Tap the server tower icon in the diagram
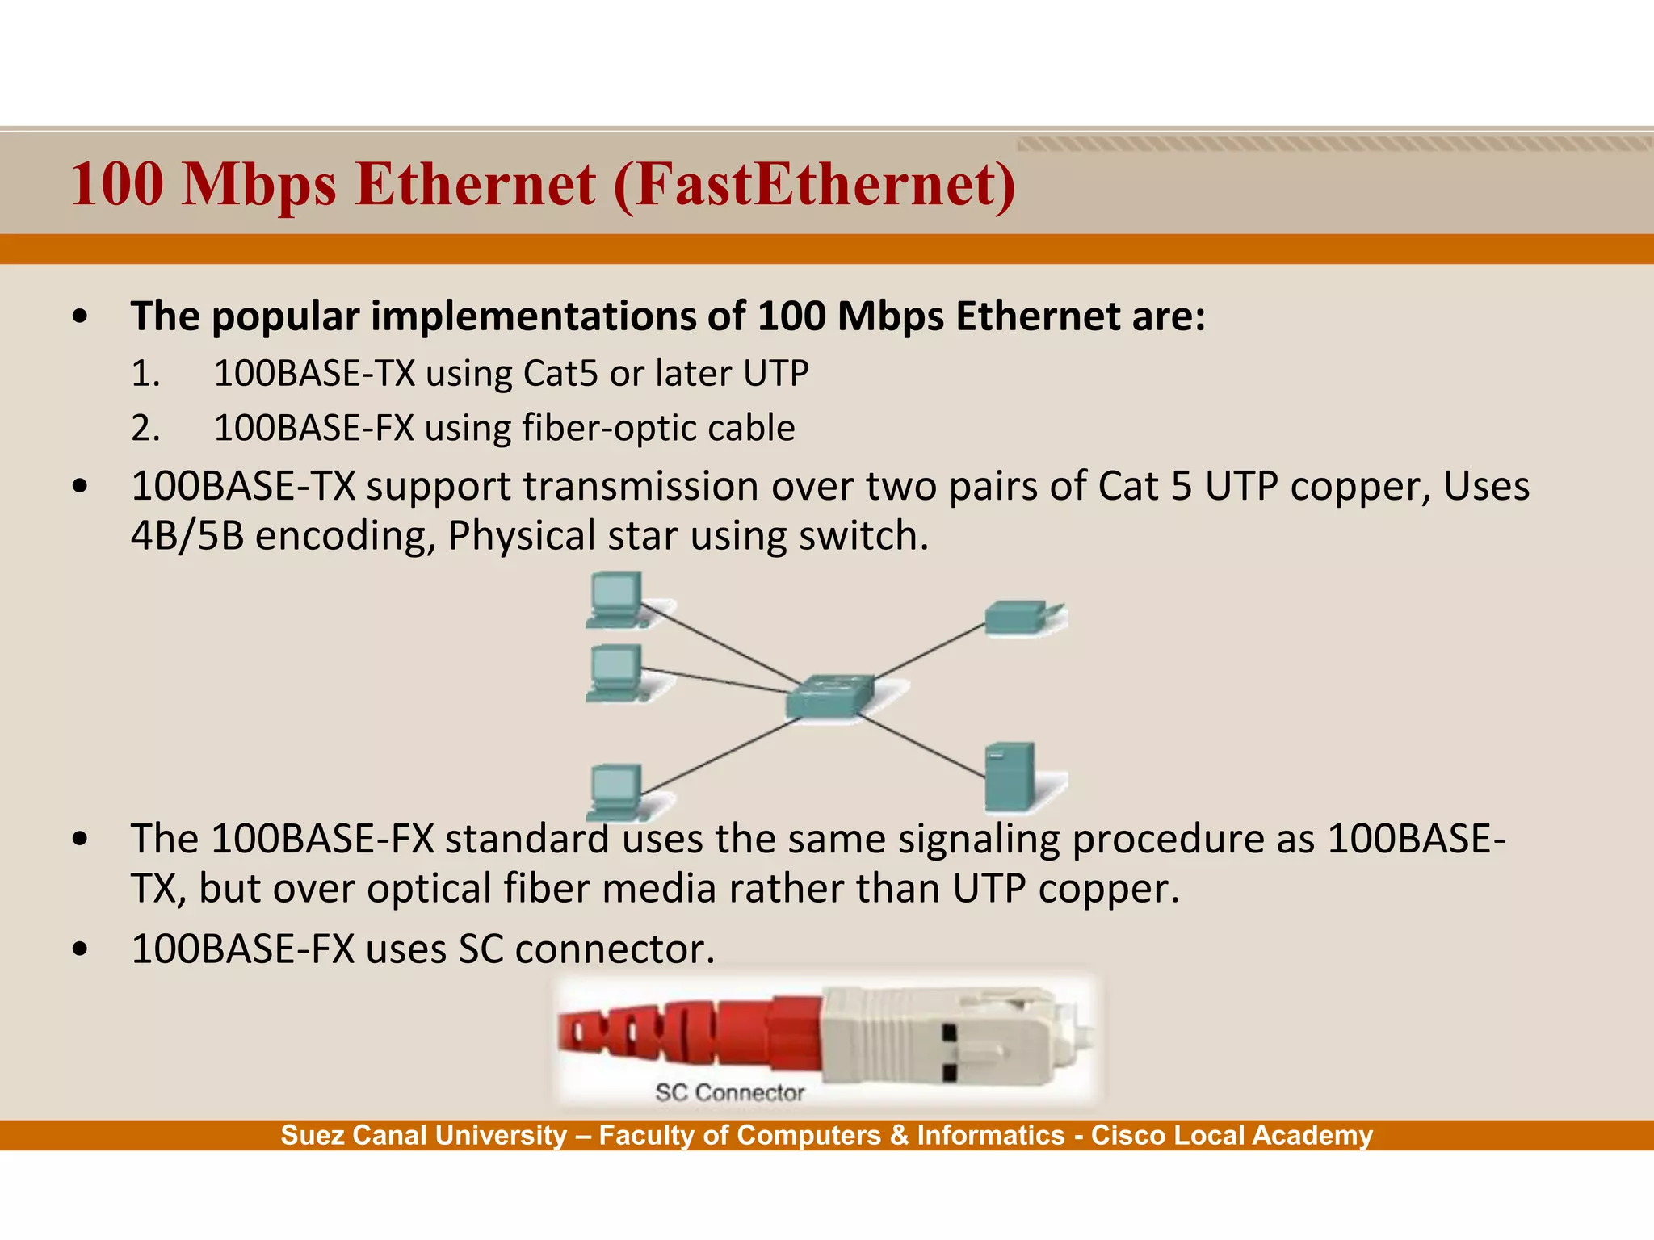coord(1010,777)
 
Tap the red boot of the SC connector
coord(686,1029)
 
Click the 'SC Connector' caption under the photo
coord(729,1093)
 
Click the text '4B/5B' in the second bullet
coord(187,536)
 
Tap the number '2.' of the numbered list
coord(145,428)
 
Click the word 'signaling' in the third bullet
coord(979,840)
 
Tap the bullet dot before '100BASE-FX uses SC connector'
coord(79,949)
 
